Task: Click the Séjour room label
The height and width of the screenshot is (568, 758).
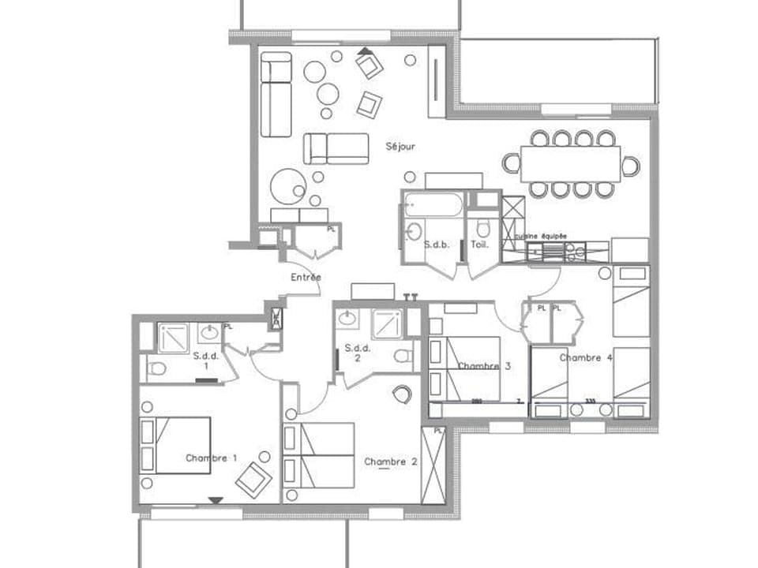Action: pos(400,146)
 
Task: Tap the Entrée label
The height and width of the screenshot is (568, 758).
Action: pos(306,277)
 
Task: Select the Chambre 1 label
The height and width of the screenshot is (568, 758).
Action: pos(211,458)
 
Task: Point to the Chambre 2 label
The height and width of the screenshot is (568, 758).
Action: pos(390,461)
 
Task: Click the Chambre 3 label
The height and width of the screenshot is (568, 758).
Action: pos(484,366)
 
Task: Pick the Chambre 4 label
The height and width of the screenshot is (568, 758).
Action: pos(586,357)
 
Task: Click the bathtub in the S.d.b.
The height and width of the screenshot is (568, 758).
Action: pos(431,204)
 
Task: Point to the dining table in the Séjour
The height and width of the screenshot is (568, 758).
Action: pos(570,163)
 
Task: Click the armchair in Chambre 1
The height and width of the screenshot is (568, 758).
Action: pos(253,479)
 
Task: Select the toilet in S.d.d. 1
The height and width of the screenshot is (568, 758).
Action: pos(158,368)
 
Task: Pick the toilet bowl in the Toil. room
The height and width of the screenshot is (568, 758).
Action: pos(483,228)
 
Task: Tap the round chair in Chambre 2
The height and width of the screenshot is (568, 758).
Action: pos(403,393)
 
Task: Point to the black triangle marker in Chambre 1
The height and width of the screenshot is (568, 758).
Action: pos(215,499)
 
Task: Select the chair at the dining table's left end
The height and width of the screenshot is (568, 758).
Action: pos(511,163)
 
